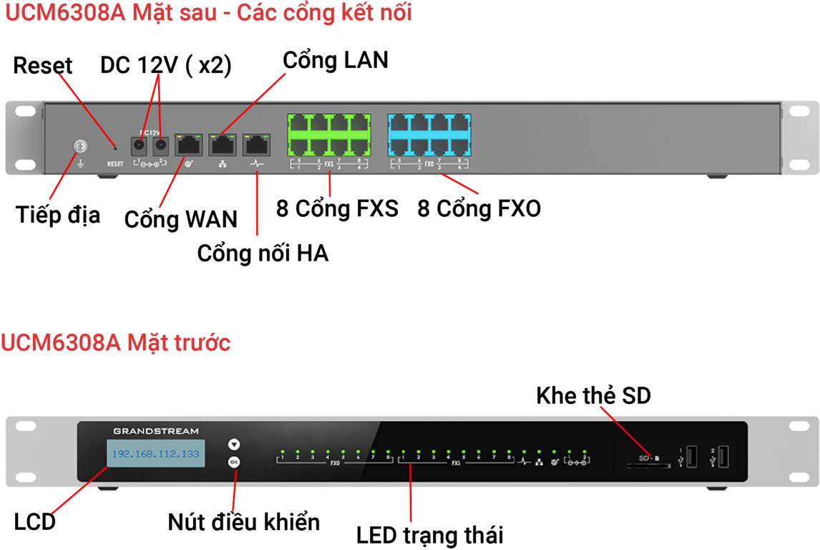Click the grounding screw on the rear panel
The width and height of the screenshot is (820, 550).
pyautogui.click(x=80, y=147)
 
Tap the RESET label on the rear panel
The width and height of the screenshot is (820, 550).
pyautogui.click(x=115, y=164)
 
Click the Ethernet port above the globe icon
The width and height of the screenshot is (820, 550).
pyautogui.click(x=189, y=145)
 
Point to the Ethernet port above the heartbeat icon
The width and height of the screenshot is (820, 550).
pyautogui.click(x=257, y=145)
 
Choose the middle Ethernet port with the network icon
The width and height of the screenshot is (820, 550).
pyautogui.click(x=223, y=145)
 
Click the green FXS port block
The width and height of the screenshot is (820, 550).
pyautogui.click(x=328, y=135)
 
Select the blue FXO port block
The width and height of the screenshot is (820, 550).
pyautogui.click(x=429, y=135)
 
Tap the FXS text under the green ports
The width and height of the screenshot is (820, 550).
pyautogui.click(x=329, y=164)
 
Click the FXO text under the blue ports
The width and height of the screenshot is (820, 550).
pyautogui.click(x=429, y=164)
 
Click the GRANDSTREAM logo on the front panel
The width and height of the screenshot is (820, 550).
pyautogui.click(x=156, y=431)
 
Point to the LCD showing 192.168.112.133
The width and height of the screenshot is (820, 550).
pyautogui.click(x=156, y=453)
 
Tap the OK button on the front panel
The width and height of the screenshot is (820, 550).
pyautogui.click(x=233, y=462)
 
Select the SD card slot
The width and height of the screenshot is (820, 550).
pyautogui.click(x=648, y=465)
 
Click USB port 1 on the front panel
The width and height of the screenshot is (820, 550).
pyautogui.click(x=691, y=455)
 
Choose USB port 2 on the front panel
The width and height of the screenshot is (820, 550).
pyautogui.click(x=724, y=455)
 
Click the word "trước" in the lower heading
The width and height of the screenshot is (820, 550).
pyautogui.click(x=202, y=343)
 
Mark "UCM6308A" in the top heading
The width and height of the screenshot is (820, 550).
pyautogui.click(x=64, y=12)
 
